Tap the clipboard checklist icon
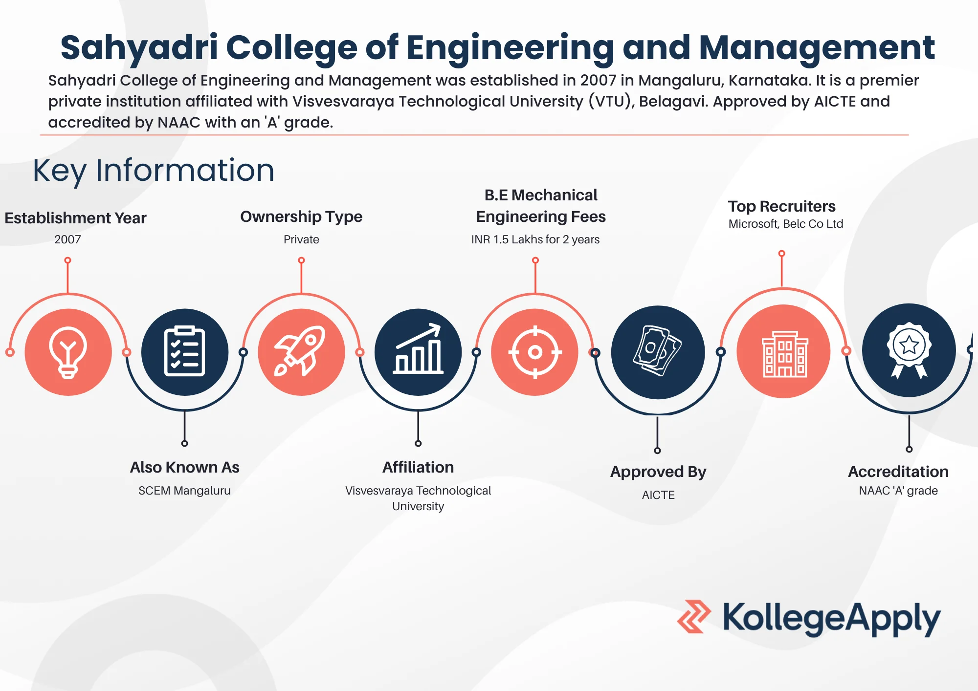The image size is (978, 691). coord(184,351)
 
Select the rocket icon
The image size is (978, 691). coord(300,351)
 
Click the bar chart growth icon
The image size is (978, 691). coord(418,349)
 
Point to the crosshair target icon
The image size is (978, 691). coord(535,352)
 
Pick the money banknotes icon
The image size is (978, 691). coord(657,351)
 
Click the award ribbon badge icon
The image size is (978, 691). coord(909,350)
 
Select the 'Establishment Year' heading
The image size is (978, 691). coord(75,218)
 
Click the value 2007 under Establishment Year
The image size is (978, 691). coord(67,239)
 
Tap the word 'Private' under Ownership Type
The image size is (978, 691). coord(301,239)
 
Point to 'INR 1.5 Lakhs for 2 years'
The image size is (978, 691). coord(535,239)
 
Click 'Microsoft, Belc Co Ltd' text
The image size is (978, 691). coord(786,224)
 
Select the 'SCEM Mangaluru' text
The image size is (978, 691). coord(184,491)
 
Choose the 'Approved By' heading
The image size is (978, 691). coord(658,472)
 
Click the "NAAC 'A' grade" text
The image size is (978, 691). coord(898,491)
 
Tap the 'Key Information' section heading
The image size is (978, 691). coord(154,171)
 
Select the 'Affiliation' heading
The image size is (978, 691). coord(418,467)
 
